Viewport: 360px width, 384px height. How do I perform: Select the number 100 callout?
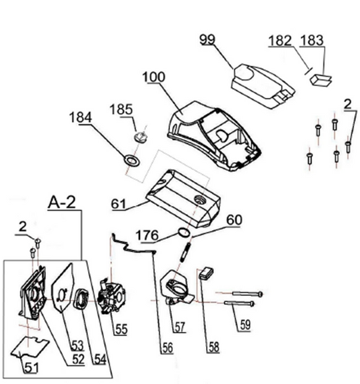tap(153, 77)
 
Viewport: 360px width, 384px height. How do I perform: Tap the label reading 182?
tap(280, 40)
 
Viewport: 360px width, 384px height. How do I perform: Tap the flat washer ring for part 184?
tap(131, 161)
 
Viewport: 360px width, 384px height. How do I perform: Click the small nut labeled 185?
tap(139, 136)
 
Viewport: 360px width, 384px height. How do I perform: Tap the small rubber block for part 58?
tap(205, 272)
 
